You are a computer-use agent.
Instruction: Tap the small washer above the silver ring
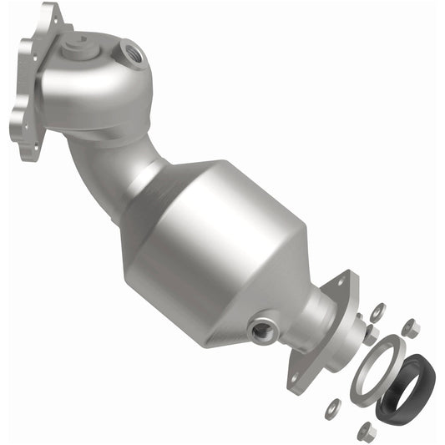click(x=377, y=311)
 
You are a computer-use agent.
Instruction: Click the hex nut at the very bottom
click(x=366, y=431)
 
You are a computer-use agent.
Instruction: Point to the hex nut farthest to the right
click(x=410, y=328)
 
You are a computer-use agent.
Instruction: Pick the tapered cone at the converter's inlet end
click(x=146, y=184)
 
